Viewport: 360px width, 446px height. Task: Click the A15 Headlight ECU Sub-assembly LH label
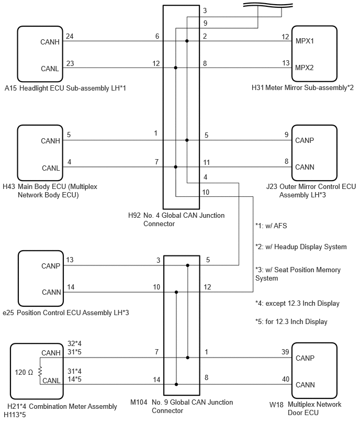click(x=65, y=88)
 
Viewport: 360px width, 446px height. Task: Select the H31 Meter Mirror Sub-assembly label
click(x=302, y=87)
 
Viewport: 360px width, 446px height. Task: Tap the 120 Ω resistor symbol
click(x=40, y=371)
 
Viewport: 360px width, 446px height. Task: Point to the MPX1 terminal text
click(x=305, y=41)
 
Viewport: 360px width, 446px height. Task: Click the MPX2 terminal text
click(x=304, y=68)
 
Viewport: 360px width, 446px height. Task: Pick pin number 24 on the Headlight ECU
click(x=70, y=36)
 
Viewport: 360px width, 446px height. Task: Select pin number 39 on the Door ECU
click(x=285, y=352)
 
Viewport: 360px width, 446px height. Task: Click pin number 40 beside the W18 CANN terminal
click(x=286, y=379)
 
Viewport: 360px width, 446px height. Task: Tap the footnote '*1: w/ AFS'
click(x=271, y=226)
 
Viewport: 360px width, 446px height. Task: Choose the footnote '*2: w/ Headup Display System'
click(x=301, y=247)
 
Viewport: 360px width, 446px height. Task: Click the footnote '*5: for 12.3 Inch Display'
click(x=291, y=322)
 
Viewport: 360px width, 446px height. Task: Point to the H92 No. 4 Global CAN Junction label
click(x=176, y=219)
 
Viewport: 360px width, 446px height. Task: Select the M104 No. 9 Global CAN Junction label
click(x=182, y=406)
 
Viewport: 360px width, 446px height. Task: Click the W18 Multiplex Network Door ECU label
click(x=306, y=408)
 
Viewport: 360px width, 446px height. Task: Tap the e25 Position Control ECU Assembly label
click(x=66, y=313)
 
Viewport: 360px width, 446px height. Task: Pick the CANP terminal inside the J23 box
click(x=305, y=140)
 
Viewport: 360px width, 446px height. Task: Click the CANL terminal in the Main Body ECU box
click(x=51, y=168)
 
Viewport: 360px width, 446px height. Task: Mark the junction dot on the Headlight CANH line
click(x=187, y=41)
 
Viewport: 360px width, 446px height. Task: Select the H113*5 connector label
click(x=15, y=415)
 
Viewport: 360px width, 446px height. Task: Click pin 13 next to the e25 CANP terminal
click(x=70, y=260)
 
